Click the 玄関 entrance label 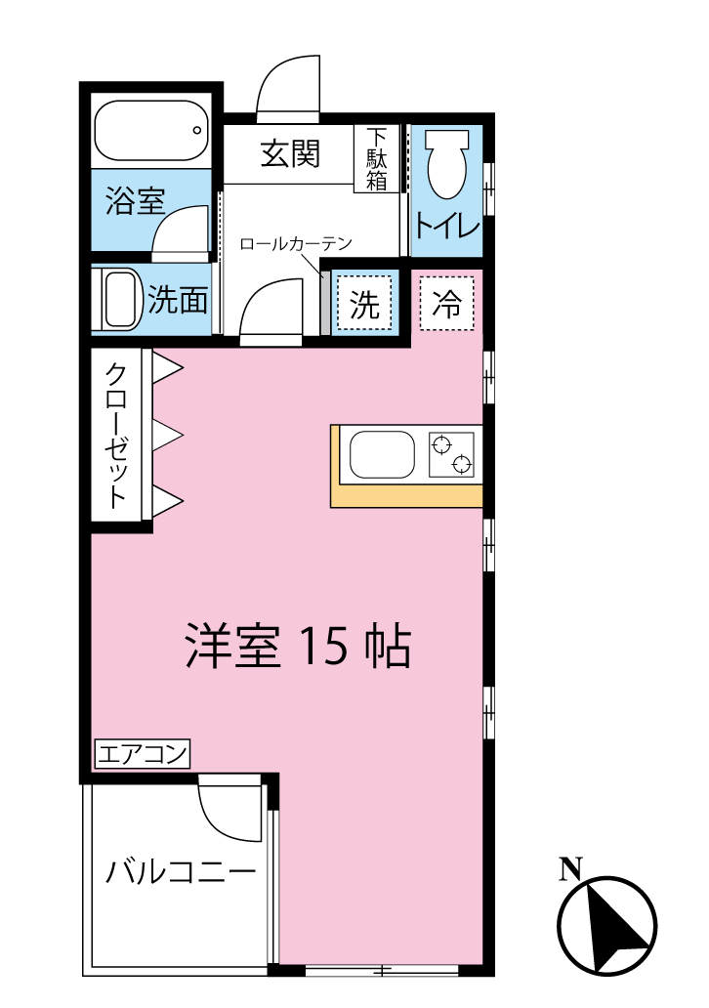tap(290, 153)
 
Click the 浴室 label tap(135, 202)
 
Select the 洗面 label tap(179, 300)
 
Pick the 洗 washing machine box tap(364, 306)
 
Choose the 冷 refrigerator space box tap(447, 304)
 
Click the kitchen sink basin tap(382, 455)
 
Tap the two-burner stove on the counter tap(452, 454)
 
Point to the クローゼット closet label tap(116, 436)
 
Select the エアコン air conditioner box tap(143, 754)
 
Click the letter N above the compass tap(570, 868)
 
